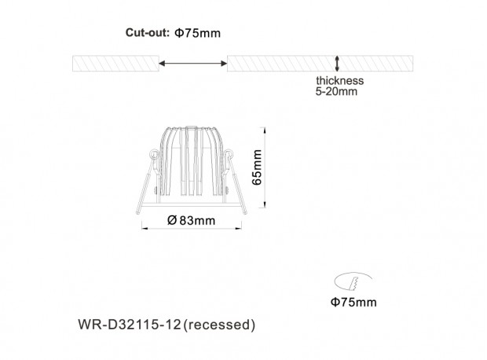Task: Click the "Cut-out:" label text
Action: (147, 33)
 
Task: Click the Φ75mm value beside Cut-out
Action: (197, 33)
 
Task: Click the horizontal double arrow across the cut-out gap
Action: (193, 64)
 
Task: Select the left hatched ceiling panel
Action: (115, 64)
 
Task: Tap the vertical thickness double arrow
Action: (337, 64)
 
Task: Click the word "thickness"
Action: (340, 80)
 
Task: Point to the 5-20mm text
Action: (336, 91)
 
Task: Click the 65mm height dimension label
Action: (257, 167)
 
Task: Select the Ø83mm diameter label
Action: (191, 220)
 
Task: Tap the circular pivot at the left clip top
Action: (154, 153)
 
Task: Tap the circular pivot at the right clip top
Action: (229, 153)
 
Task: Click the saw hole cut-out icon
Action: (353, 281)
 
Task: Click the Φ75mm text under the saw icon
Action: (353, 302)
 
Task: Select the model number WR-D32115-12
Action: (129, 325)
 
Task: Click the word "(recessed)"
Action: (219, 325)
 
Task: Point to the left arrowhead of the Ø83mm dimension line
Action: (145, 229)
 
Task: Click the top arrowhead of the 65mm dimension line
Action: (265, 130)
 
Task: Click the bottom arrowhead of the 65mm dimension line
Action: (265, 204)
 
